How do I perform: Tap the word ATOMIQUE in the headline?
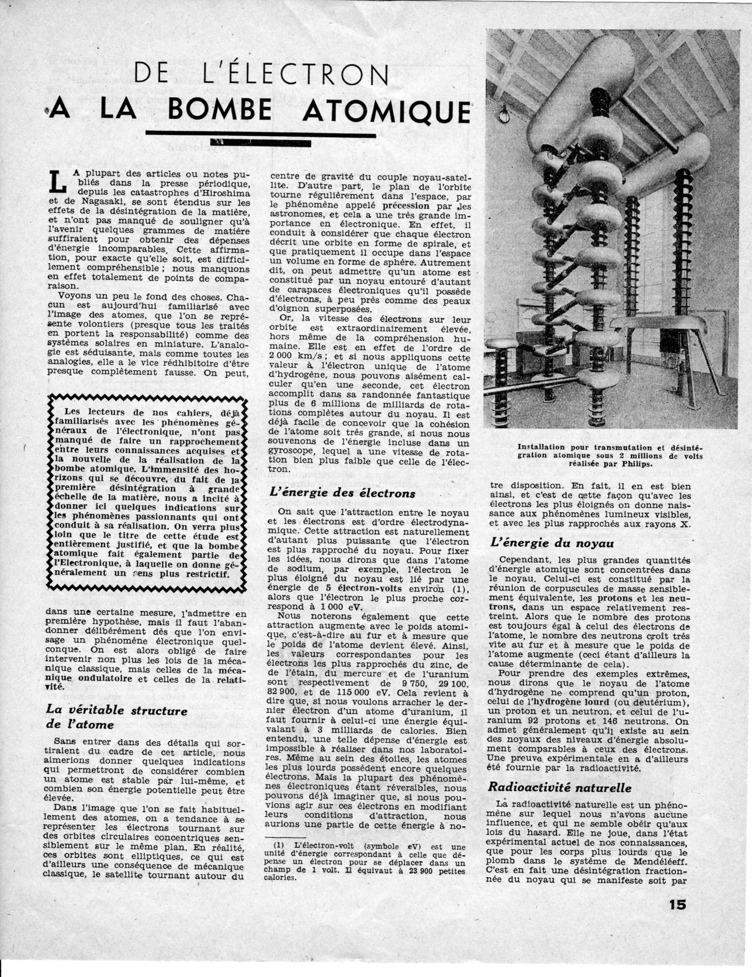386,110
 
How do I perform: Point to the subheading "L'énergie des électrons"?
343,492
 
